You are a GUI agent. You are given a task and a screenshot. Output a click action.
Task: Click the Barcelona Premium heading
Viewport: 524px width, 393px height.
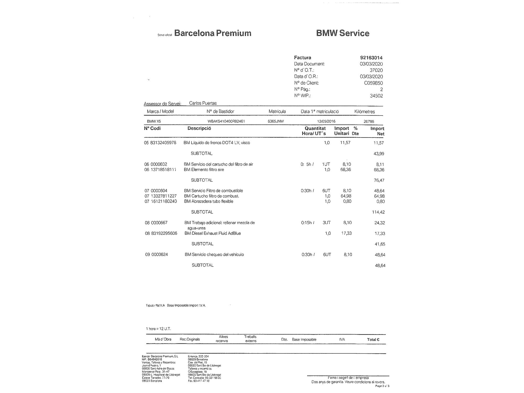(212, 33)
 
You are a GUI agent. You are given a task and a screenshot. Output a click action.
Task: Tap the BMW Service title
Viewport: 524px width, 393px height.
(343, 33)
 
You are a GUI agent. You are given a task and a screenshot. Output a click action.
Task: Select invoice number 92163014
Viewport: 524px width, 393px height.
(371, 58)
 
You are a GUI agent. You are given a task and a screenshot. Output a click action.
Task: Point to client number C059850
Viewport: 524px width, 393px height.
(373, 83)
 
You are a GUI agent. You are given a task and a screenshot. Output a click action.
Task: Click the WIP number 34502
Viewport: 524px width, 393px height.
(376, 96)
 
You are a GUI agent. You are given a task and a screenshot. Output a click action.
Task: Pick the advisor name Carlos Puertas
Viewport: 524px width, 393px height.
(203, 103)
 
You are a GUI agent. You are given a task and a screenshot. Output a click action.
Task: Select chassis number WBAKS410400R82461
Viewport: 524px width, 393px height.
(226, 121)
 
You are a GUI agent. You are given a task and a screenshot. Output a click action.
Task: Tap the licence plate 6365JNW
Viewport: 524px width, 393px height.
(276, 121)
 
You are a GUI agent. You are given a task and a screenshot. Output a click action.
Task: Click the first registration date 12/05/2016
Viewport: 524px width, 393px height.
(326, 121)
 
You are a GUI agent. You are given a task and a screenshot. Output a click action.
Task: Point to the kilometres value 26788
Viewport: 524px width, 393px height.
(369, 122)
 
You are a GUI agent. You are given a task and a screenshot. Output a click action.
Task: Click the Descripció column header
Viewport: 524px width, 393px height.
(199, 128)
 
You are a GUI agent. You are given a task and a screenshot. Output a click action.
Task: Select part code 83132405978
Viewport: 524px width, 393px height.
(163, 143)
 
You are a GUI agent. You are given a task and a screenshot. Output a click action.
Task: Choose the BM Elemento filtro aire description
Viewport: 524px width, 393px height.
(204, 170)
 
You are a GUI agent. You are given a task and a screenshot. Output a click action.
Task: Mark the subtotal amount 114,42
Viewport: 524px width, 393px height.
(378, 212)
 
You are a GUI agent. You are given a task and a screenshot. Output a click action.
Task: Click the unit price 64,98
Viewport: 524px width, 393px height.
(346, 196)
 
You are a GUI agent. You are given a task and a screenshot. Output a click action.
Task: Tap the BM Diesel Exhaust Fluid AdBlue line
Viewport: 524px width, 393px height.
(212, 233)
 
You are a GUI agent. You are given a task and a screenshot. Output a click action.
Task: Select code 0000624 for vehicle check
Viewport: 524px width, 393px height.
(160, 254)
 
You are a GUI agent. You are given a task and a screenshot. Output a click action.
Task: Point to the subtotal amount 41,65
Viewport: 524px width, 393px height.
(380, 244)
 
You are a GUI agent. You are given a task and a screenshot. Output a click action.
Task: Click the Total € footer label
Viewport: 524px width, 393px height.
(373, 340)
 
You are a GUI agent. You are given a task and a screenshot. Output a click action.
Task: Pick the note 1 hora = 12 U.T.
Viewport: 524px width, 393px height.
(158, 329)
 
